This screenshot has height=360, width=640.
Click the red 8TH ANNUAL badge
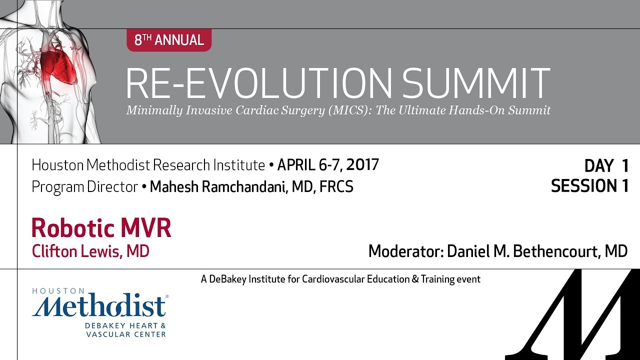tap(169, 40)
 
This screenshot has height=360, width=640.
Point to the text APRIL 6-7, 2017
tap(328, 164)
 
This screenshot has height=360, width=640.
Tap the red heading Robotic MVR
tap(101, 228)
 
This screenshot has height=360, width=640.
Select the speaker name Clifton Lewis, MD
tap(90, 251)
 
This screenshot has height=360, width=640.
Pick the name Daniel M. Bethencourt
tap(524, 251)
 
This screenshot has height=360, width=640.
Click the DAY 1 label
tap(606, 165)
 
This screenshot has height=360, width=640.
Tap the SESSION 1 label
tap(589, 186)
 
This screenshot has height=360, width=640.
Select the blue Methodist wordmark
tap(99, 306)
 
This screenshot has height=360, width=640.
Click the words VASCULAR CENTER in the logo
tap(125, 334)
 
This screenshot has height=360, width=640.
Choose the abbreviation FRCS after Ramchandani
tap(336, 187)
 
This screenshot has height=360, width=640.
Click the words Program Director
tap(84, 187)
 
